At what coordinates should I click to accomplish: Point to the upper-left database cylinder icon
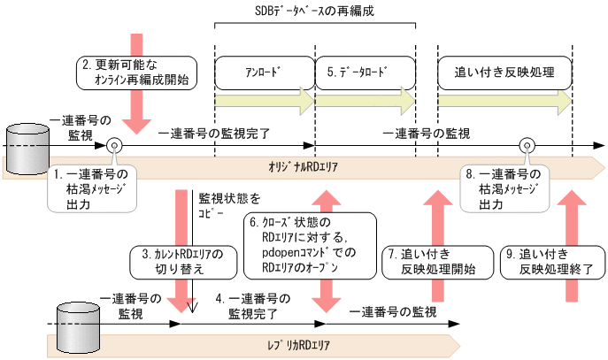click(x=27, y=142)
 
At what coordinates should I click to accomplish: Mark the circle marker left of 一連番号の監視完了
click(x=114, y=144)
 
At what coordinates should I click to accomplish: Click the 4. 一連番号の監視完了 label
click(x=253, y=305)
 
